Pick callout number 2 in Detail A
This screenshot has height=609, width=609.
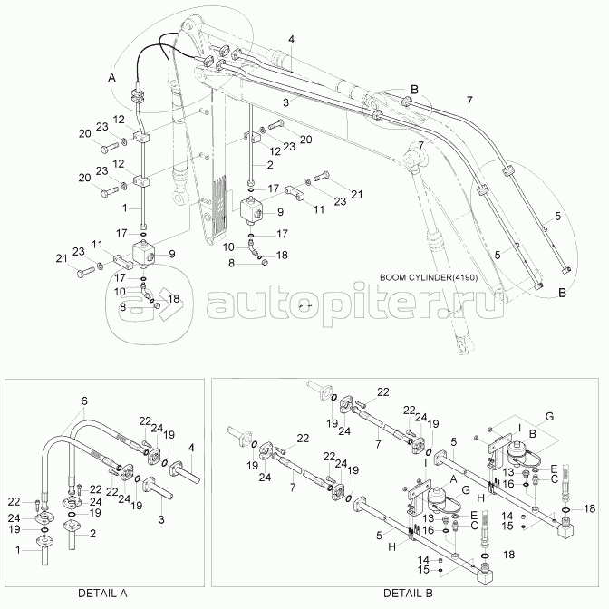tap(92, 535)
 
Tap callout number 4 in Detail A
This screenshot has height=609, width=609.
tap(191, 447)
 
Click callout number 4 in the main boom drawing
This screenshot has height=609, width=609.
tap(292, 39)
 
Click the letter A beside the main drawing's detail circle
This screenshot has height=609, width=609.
tap(112, 80)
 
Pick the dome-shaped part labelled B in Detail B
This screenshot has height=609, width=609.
tap(517, 451)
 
